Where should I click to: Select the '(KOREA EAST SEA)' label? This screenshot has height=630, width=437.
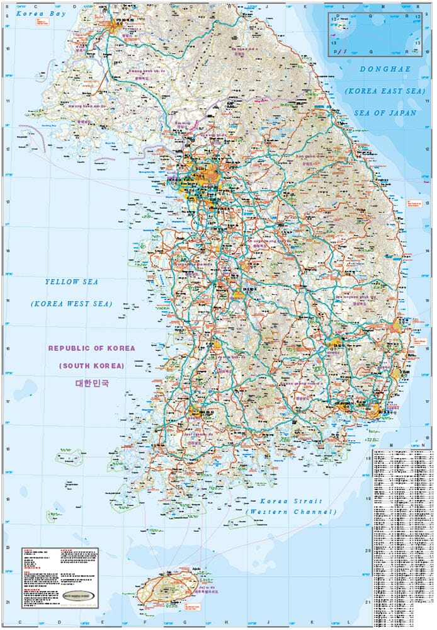tap(380, 91)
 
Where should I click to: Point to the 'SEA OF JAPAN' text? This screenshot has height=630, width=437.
tap(385, 113)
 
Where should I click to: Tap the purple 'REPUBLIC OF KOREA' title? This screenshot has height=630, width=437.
tap(92, 348)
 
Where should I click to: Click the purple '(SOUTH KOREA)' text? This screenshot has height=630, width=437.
tap(92, 365)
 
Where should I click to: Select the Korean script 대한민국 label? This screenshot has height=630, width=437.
tap(92, 383)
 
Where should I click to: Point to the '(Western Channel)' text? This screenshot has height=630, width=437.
tap(291, 512)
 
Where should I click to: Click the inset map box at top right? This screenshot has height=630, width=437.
tap(374, 35)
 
